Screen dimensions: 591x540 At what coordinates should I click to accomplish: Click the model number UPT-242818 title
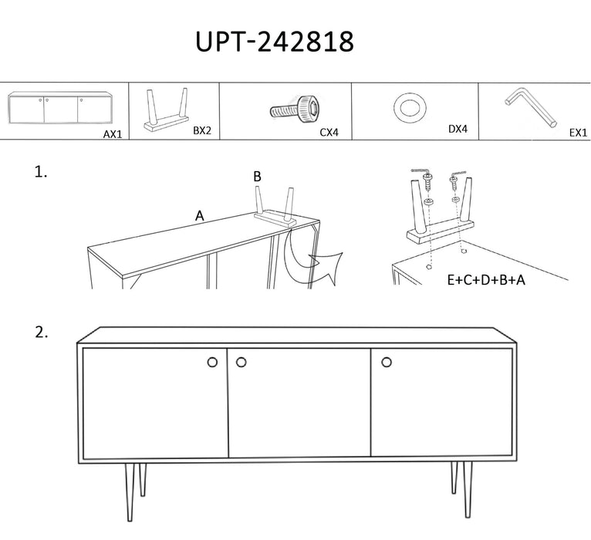point(275,41)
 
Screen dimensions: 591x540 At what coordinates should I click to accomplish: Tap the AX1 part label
point(113,133)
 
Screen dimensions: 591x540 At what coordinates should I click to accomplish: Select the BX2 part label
point(202,130)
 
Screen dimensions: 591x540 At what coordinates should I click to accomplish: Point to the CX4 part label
point(329,132)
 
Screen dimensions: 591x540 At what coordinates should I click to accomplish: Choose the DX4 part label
point(458,129)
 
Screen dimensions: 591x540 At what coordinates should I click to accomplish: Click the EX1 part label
point(578,133)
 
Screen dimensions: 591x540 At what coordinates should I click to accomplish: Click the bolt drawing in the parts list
point(295,110)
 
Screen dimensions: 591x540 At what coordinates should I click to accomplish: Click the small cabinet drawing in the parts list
point(59,107)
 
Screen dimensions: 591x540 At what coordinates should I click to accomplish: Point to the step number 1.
point(41,172)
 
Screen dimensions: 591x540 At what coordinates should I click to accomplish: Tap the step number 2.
point(42,332)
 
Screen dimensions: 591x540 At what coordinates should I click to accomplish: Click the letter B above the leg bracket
point(257,177)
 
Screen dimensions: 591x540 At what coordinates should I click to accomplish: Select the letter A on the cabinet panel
point(199,216)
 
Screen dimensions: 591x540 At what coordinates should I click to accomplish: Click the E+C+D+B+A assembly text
point(486,280)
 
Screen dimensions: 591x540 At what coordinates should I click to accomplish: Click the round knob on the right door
point(387,362)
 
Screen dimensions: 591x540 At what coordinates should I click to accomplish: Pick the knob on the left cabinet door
point(213,362)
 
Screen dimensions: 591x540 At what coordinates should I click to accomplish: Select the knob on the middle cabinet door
point(241,362)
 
